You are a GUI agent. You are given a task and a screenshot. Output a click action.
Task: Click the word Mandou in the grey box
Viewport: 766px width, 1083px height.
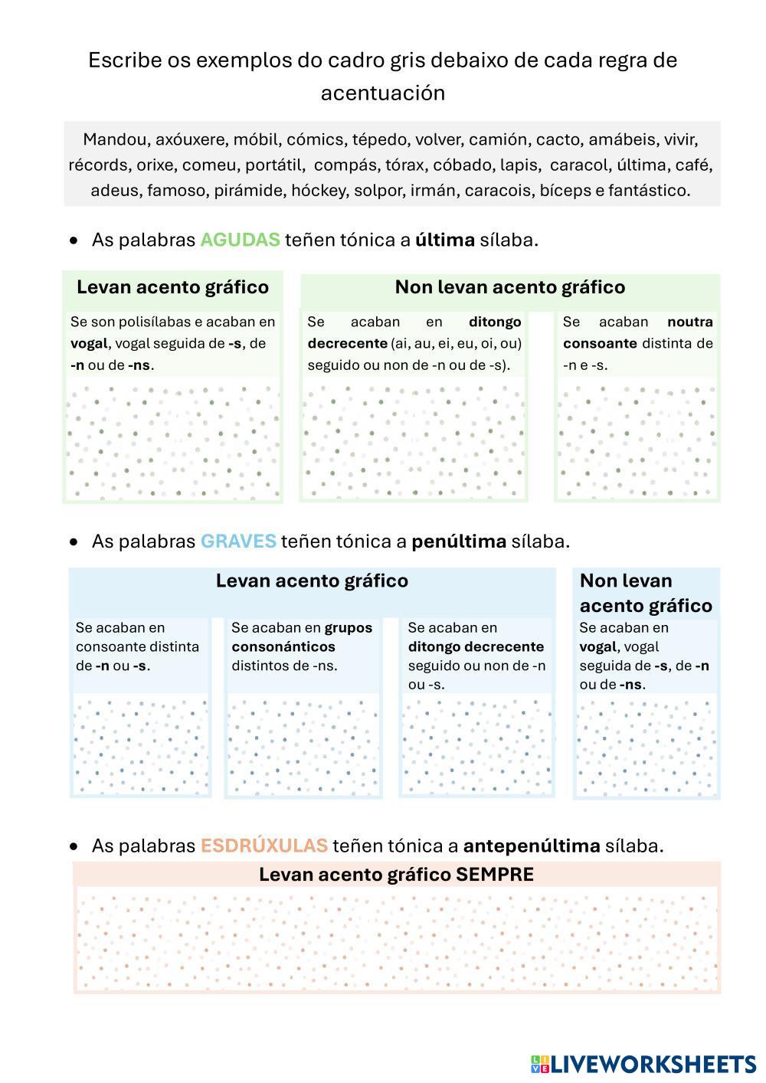pos(116,140)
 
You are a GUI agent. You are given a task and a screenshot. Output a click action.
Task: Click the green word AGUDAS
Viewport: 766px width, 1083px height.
pos(240,240)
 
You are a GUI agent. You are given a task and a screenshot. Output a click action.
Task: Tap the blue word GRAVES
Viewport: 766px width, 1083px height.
pos(238,541)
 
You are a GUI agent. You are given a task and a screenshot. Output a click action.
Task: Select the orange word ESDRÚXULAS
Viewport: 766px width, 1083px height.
pos(264,846)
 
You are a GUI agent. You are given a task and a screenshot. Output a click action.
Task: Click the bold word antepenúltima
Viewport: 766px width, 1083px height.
pos(532,846)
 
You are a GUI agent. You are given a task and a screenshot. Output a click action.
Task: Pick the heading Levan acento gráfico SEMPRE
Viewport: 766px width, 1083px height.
pos(396,875)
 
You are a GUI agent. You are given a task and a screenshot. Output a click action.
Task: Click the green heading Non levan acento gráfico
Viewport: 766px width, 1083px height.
pos(509,287)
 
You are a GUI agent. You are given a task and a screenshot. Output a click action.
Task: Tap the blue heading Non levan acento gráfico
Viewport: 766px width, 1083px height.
pos(646,593)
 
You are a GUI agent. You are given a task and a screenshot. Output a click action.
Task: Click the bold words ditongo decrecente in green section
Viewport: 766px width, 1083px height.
pos(414,332)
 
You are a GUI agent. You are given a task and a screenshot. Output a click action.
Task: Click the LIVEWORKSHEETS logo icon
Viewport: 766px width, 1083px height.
pos(539,1064)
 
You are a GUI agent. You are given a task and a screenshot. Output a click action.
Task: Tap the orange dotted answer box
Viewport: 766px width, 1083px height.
pos(397,938)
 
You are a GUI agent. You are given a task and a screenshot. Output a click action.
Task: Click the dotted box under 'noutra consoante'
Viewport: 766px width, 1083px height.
pos(637,440)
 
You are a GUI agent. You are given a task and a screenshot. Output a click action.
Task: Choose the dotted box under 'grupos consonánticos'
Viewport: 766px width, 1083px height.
pos(303,744)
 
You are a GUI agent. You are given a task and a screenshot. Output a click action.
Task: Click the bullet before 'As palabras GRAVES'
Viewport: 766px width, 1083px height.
pos(74,542)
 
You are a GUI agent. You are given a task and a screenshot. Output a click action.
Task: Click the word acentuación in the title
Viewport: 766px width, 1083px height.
pos(382,93)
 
